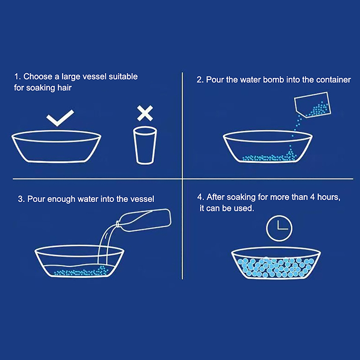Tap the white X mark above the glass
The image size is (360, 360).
(x=145, y=113)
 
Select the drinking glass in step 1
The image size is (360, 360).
(x=145, y=145)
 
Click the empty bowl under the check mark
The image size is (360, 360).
(x=56, y=147)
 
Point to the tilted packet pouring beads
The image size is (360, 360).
(x=313, y=105)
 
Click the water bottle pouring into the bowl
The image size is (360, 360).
(x=144, y=220)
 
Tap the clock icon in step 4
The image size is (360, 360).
(x=279, y=228)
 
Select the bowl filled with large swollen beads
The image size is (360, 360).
(x=276, y=263)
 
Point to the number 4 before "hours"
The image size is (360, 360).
(x=312, y=197)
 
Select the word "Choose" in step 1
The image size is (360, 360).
(x=38, y=76)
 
